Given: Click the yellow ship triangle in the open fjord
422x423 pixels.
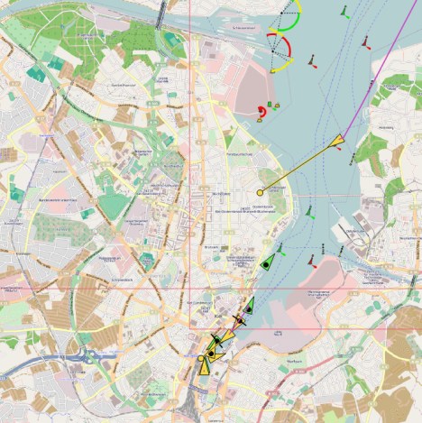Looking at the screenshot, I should coord(337,140).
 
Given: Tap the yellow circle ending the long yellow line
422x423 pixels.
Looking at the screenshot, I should coord(261,192).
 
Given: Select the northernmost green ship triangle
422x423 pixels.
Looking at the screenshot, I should coord(267,262).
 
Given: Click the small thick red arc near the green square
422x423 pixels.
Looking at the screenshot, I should coord(260,112).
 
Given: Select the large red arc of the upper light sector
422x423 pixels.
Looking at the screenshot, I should coord(285,45).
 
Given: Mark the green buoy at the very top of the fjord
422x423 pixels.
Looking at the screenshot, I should coord(345,14).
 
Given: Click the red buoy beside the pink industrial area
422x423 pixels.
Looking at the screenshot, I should coord(311,262).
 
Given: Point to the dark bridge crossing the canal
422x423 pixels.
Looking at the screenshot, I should coord(161,14).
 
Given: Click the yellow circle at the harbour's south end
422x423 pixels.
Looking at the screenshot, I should coord(200,358).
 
